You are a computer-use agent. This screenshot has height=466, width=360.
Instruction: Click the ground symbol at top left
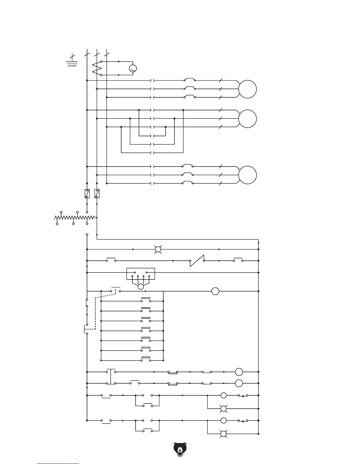72,62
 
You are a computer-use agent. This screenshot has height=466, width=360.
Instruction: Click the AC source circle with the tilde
133,69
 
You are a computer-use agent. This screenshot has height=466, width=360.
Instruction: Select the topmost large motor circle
247,89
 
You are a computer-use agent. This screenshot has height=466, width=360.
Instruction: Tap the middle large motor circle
247,119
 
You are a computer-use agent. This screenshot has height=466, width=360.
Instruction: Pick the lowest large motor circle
247,175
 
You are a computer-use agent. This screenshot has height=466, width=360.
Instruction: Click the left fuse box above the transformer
87,194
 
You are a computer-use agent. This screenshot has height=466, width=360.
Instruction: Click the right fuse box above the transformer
97,194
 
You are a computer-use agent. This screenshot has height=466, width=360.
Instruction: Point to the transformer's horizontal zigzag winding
75,218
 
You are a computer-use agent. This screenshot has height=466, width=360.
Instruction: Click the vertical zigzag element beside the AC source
97,69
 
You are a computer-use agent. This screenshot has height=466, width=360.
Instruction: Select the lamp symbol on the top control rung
158,249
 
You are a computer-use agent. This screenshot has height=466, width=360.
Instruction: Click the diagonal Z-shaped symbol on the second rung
197,261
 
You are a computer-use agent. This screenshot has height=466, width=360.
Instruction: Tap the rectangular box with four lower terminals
141,274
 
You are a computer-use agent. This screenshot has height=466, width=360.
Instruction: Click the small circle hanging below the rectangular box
141,287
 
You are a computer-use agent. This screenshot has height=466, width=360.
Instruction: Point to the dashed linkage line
95,312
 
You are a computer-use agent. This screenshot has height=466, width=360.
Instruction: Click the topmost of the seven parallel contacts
146,300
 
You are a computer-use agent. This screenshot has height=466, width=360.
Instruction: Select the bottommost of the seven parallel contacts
146,359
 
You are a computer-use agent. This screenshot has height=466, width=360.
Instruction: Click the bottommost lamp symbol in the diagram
224,434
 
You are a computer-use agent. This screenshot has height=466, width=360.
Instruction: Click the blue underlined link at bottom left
58,463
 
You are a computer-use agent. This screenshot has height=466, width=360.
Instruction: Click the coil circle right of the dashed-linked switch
215,291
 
